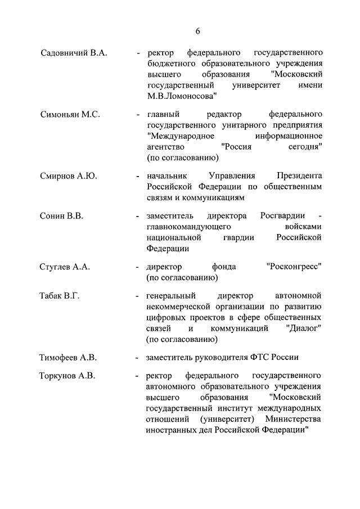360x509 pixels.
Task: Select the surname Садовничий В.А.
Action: click(74, 53)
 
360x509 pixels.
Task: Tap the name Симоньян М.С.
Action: click(70, 114)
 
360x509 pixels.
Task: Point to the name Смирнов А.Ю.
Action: click(68, 176)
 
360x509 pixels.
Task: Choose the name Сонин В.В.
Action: click(61, 216)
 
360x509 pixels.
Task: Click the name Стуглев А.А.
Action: click(65, 267)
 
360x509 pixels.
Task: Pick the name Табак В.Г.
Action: click(60, 296)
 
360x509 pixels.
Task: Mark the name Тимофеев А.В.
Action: click(68, 358)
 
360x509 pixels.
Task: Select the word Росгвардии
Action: click(283, 216)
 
